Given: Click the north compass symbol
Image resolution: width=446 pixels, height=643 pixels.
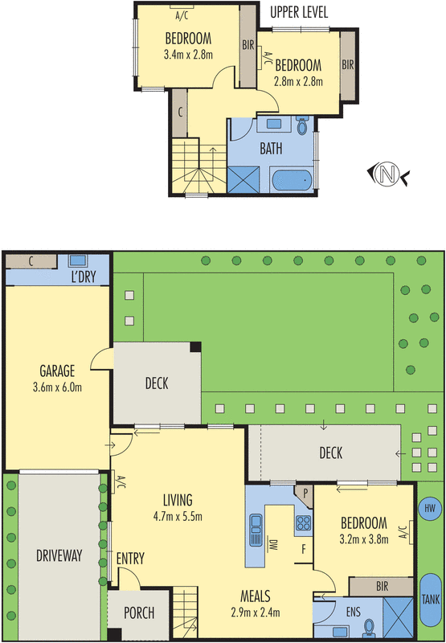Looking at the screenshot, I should (388, 172).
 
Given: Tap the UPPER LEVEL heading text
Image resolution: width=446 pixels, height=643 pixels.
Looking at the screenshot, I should (300, 12).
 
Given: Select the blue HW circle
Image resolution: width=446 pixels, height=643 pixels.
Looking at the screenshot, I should (430, 507).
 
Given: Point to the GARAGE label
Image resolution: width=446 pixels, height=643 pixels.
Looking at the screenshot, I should (57, 371).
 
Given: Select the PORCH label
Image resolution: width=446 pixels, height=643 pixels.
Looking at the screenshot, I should (138, 613).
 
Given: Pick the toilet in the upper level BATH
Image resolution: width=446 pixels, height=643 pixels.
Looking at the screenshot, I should (302, 126).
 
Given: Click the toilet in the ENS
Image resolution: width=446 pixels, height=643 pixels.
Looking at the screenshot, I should (368, 627).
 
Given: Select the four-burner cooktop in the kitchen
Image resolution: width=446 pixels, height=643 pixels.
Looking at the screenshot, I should (303, 524).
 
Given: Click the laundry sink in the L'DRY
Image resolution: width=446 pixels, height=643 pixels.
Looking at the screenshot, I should (78, 262).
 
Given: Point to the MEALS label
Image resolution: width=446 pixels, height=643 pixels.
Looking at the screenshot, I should (253, 596).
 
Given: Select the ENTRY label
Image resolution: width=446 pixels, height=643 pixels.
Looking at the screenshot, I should (130, 559).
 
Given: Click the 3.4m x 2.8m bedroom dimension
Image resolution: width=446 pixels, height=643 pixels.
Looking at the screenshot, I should (187, 55).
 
